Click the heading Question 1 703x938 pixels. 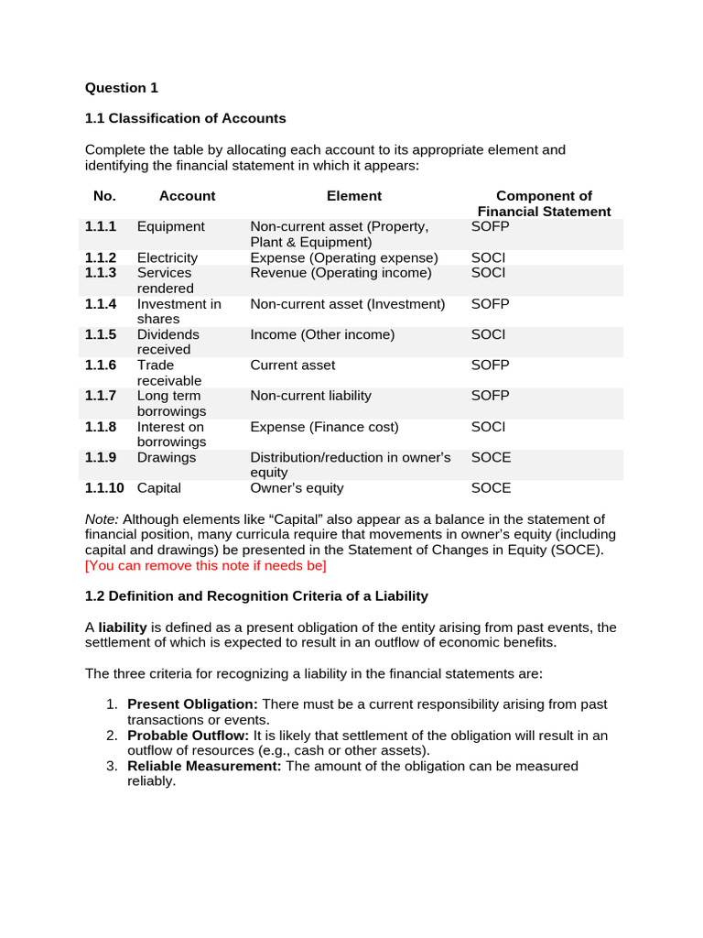(122, 88)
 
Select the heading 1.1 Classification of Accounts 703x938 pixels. (185, 118)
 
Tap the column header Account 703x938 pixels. (187, 195)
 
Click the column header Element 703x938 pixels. (354, 195)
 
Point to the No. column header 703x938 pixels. (104, 195)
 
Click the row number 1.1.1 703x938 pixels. (101, 226)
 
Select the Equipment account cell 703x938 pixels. (170, 226)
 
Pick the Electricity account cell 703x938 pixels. (167, 257)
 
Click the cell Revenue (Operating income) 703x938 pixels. (341, 273)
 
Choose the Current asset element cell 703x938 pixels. (293, 365)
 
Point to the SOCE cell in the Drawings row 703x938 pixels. (491, 457)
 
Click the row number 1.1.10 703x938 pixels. (104, 488)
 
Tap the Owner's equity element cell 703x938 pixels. (297, 488)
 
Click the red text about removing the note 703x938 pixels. (205, 565)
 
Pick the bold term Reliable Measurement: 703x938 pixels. (204, 766)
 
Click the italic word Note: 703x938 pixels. (102, 519)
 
